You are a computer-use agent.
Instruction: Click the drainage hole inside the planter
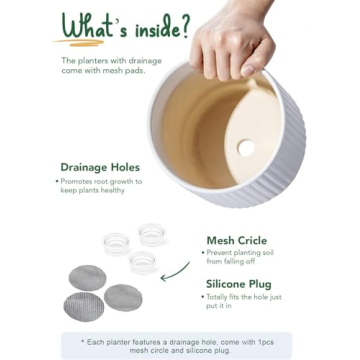(x=246, y=148)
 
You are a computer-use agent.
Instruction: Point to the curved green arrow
(x=178, y=271)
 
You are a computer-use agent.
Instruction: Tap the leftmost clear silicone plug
(x=117, y=242)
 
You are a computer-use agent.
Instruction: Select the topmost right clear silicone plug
(x=152, y=234)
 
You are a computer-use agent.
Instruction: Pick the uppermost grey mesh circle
(x=87, y=277)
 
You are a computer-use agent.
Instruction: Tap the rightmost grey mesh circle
(x=123, y=296)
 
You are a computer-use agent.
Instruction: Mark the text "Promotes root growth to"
(x=100, y=181)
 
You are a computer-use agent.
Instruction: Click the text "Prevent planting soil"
(x=244, y=254)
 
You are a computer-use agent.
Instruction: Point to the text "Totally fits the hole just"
(x=249, y=297)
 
